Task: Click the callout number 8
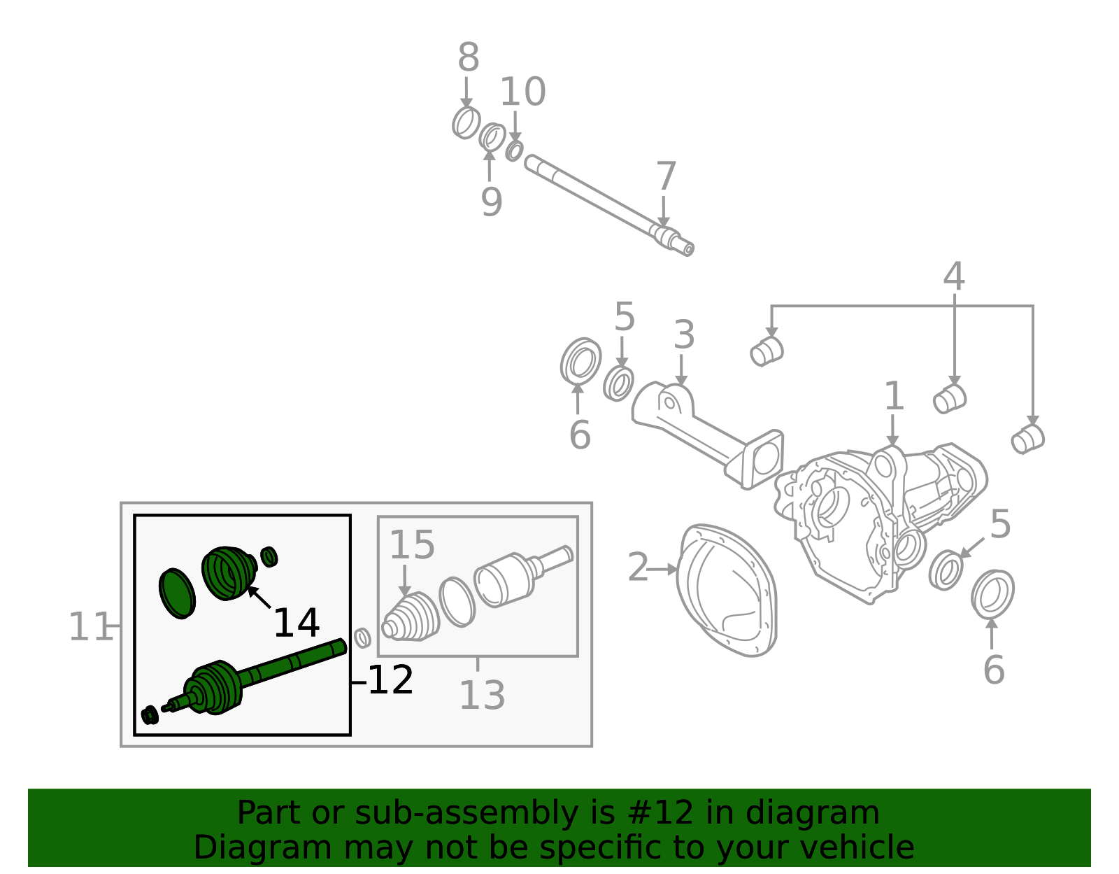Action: tap(468, 58)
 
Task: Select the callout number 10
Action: tap(522, 92)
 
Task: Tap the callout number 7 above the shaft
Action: tap(666, 177)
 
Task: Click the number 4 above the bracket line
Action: tap(953, 277)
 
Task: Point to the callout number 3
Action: tap(683, 336)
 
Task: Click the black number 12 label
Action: tap(390, 680)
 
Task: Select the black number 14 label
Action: tap(296, 623)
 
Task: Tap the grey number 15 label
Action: tap(412, 545)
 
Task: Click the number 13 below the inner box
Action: tap(482, 696)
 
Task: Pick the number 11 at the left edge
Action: tap(90, 627)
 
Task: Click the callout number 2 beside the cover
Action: tap(638, 568)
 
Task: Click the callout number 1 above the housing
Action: tap(894, 397)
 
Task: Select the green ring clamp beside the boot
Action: tap(177, 593)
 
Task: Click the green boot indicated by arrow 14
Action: tap(228, 572)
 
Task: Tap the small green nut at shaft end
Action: tap(149, 715)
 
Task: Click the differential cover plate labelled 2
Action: tap(727, 591)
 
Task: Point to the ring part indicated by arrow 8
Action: tap(466, 123)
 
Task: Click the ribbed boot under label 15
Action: tap(411, 618)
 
